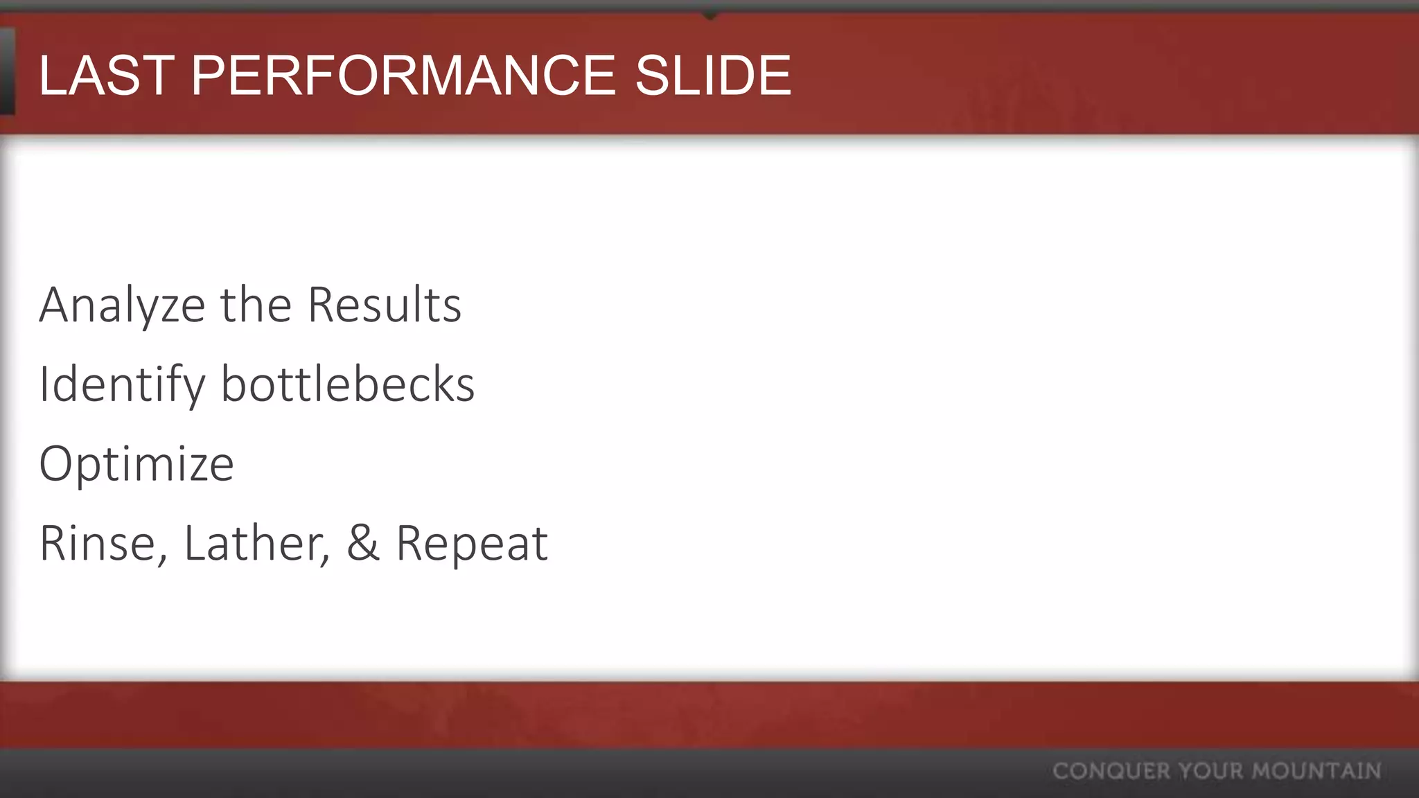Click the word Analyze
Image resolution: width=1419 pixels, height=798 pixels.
coord(122,306)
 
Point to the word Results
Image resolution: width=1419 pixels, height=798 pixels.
coord(385,305)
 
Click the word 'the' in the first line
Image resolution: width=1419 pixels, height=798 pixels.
coord(256,305)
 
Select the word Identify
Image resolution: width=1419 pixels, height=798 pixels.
coord(122,385)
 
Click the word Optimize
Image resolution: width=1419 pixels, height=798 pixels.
coord(136,464)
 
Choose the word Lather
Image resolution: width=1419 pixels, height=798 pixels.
coord(253,543)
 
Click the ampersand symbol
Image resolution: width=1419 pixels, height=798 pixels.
coord(363,543)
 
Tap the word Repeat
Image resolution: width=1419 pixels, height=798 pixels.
coord(472,544)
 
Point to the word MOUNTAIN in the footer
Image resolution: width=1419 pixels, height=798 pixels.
coord(1316,771)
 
